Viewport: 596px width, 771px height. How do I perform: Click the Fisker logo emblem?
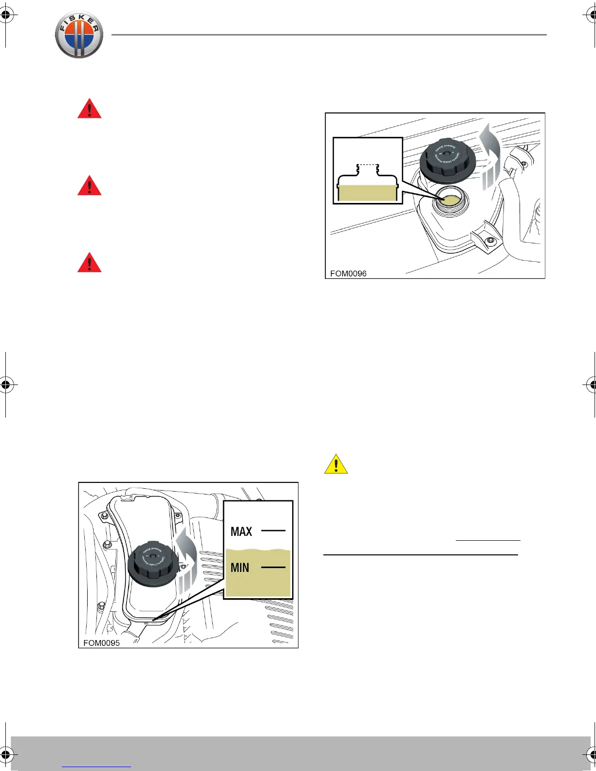point(79,35)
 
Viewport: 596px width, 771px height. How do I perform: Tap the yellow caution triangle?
point(336,464)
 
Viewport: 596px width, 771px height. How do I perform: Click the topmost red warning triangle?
point(90,109)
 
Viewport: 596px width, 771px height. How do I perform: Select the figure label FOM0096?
point(348,274)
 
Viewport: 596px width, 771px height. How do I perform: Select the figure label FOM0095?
point(101,643)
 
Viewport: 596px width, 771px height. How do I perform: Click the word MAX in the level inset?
point(242,532)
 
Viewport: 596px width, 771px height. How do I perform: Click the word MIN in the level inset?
point(240,568)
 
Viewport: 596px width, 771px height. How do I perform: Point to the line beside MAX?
point(273,530)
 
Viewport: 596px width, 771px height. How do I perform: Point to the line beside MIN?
point(273,567)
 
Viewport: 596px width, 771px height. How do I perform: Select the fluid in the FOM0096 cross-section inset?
point(367,193)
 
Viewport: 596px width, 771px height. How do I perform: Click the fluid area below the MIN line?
point(258,584)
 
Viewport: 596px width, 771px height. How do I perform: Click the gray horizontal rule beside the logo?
point(329,35)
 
